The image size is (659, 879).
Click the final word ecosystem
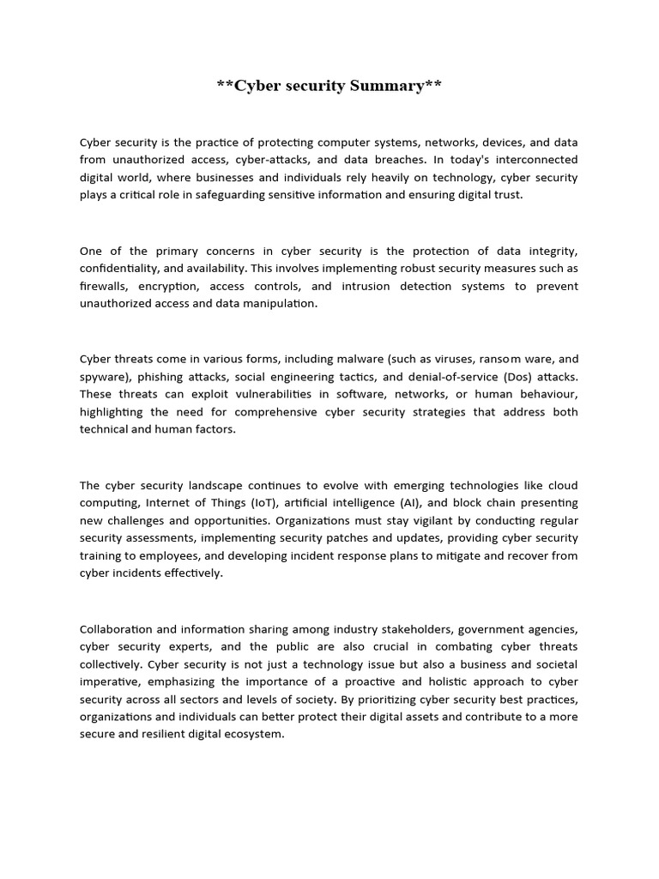(x=255, y=734)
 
